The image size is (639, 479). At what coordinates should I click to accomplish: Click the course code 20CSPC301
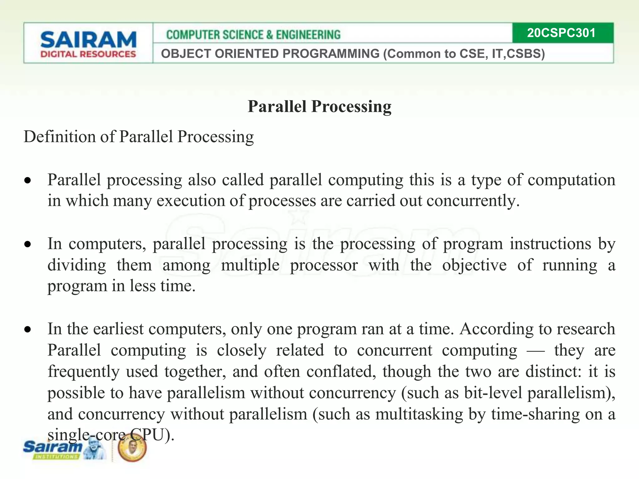(561, 33)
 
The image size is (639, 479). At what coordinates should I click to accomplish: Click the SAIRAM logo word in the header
(88, 40)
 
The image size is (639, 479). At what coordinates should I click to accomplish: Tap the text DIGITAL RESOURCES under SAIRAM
(88, 54)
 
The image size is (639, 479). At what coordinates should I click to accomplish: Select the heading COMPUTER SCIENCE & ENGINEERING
(253, 35)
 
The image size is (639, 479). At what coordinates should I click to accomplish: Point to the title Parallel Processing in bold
(319, 106)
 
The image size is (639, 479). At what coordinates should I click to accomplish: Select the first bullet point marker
(28, 181)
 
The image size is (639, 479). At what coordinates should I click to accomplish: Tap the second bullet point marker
(28, 244)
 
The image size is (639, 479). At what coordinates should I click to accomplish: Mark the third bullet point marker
(28, 330)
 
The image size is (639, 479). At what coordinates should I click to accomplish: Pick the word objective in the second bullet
(474, 265)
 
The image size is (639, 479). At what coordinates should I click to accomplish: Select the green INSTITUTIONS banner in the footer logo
(56, 457)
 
